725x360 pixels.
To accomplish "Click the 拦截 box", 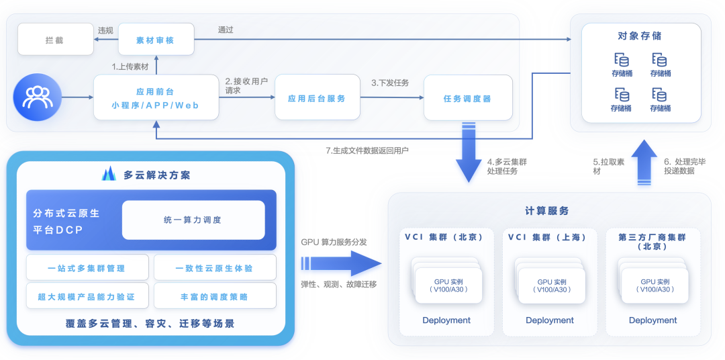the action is [54, 40].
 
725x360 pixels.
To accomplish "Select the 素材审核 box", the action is [156, 40].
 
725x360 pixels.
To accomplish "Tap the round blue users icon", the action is [38, 97].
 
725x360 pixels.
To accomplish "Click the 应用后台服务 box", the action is [317, 97].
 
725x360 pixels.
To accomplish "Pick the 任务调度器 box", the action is [468, 97].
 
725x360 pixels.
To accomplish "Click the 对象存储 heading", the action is [640, 36].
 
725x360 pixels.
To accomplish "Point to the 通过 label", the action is [226, 30].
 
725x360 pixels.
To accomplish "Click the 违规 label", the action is [105, 30].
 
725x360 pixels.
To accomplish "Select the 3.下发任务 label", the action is [390, 83].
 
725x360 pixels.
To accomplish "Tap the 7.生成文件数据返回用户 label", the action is [367, 150].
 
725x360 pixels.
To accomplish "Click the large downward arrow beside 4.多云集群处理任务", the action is [468, 152].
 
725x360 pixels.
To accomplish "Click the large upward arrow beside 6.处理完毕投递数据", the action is [641, 163].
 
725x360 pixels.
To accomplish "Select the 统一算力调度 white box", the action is [193, 220].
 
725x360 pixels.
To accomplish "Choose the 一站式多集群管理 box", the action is [87, 267].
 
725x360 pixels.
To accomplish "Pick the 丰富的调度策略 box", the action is [215, 296].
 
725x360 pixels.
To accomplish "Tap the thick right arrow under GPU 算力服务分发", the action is [341, 264].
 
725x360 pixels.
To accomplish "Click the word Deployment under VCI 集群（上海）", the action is [550, 320].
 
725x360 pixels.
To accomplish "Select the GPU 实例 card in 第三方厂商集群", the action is [655, 285].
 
